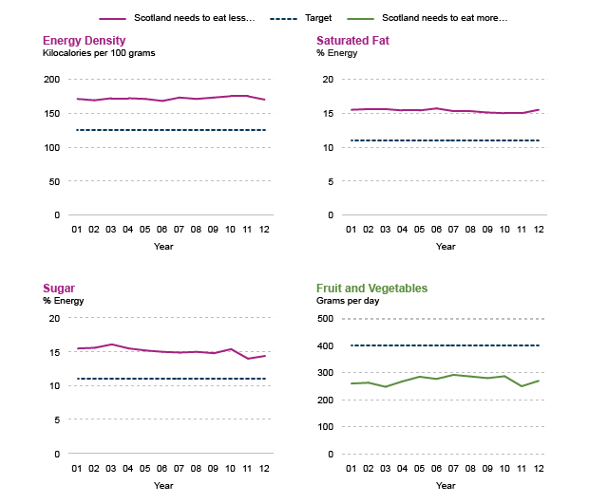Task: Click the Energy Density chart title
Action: (85, 41)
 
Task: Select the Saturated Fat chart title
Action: (352, 41)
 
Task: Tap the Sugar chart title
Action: (59, 289)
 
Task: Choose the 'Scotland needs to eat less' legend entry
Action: (180, 18)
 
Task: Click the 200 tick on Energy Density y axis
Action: (52, 80)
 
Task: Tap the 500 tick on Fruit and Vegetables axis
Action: (326, 319)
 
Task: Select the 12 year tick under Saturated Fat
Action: (539, 230)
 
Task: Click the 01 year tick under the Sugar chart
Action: (78, 469)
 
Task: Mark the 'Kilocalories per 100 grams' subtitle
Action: (99, 54)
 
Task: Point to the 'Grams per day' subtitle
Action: (346, 301)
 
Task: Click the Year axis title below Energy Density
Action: (163, 247)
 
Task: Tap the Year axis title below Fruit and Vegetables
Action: (446, 486)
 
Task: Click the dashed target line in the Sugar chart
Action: (171, 379)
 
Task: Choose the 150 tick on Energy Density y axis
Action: (52, 114)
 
